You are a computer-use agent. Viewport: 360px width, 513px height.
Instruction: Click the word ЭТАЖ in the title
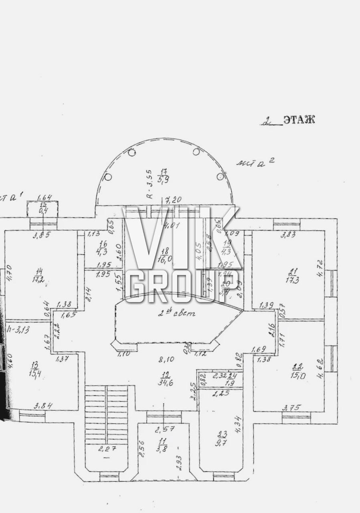[x=299, y=119]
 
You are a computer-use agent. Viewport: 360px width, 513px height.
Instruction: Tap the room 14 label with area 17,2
[x=38, y=275]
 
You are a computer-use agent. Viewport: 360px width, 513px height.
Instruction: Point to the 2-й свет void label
[x=176, y=313]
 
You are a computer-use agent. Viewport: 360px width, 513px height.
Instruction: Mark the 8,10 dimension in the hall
[x=165, y=360]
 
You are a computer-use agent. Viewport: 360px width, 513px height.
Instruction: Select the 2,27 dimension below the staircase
[x=106, y=449]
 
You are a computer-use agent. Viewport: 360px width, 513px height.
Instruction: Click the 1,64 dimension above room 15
[x=44, y=197]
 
